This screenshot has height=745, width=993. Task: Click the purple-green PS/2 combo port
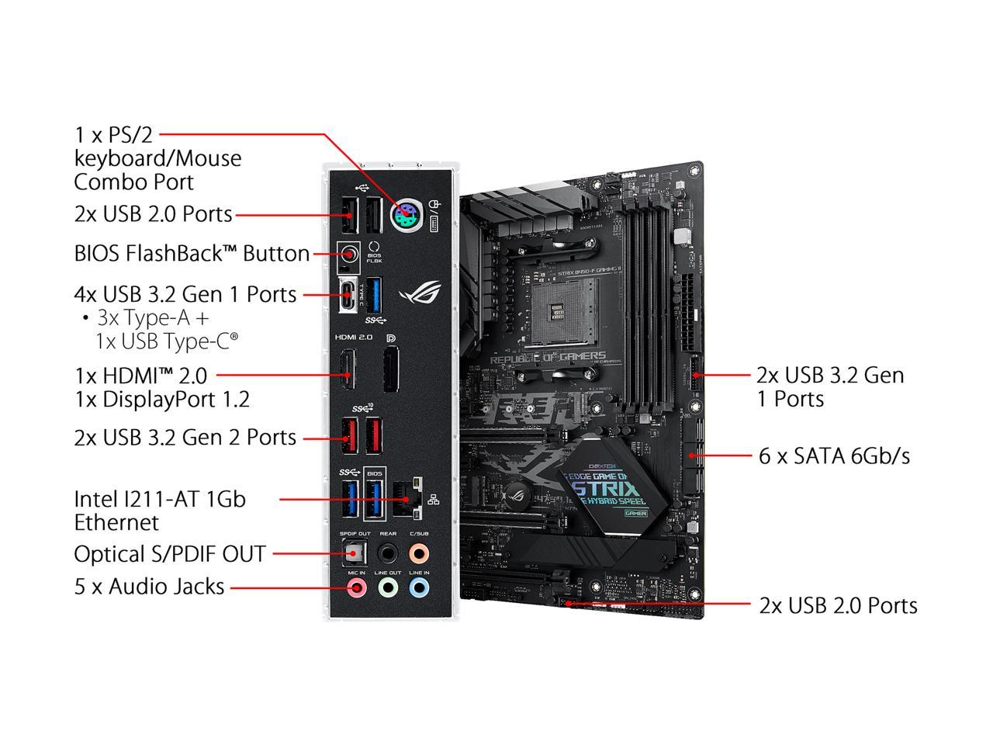[x=406, y=215]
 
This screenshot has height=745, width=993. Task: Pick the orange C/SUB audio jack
[x=418, y=553]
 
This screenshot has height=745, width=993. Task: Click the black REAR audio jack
[x=388, y=553]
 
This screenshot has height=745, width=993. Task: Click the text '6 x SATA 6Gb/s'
[x=834, y=456]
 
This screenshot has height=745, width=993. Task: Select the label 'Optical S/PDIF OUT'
[x=170, y=554]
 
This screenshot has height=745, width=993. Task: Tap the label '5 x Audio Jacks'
[x=149, y=587]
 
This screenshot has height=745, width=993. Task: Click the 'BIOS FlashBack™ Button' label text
[x=192, y=254]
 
